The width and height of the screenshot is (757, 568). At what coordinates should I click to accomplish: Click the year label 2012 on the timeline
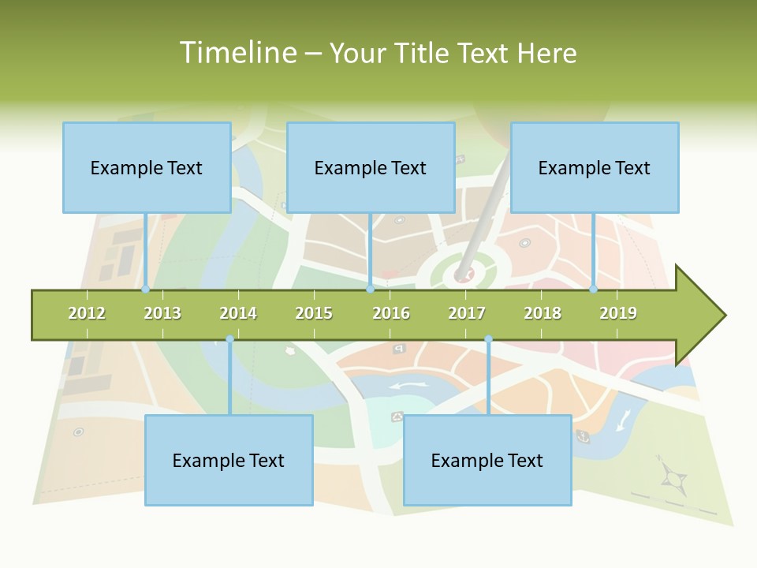point(87,313)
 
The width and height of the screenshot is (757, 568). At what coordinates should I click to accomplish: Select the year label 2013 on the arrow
point(162,313)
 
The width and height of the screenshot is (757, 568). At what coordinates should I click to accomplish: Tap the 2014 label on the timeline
point(238,313)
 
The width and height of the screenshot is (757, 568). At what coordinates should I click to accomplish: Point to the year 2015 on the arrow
point(314,313)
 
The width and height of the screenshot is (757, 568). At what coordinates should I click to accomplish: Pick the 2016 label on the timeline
point(391,313)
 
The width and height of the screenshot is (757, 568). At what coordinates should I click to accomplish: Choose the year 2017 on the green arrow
point(467,313)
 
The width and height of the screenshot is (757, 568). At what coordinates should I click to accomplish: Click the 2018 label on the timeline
point(543,313)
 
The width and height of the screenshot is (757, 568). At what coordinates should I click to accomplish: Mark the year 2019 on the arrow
point(618,313)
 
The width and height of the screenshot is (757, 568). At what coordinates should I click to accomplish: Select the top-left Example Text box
point(147,167)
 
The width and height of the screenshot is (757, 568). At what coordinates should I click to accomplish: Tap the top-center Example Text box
point(371,167)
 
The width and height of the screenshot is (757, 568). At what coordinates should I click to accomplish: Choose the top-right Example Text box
point(595,167)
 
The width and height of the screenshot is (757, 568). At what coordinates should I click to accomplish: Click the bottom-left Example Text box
point(229,460)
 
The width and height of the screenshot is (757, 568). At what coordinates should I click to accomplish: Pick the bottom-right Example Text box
point(487,460)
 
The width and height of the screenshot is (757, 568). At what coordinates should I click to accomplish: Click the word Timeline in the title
point(237,53)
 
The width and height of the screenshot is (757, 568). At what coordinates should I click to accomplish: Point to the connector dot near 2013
point(146,290)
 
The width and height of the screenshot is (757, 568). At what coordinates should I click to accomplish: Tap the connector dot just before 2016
point(371,290)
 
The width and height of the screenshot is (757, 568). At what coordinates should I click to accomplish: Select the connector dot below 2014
point(229,339)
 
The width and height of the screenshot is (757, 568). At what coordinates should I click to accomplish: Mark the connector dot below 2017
point(488,339)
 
